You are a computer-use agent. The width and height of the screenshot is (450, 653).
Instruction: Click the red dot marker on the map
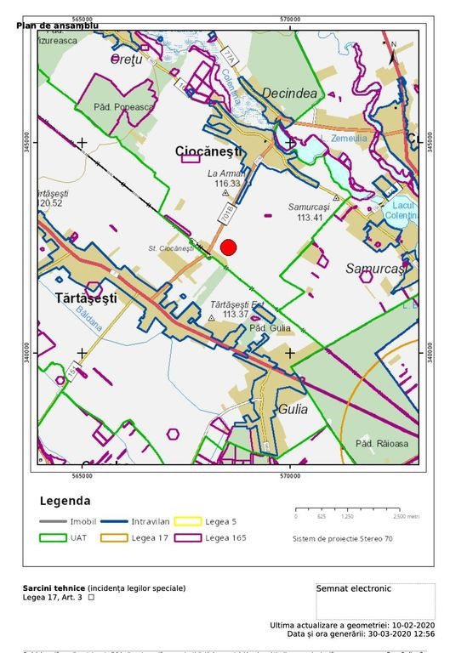click(x=228, y=247)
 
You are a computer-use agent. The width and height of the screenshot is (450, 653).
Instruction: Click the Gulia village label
click(x=292, y=409)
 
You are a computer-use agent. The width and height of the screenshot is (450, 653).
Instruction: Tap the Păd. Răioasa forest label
click(x=382, y=444)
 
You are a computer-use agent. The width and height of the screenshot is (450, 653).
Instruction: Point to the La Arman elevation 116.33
click(x=227, y=183)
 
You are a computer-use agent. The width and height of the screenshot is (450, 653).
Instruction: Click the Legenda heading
click(x=66, y=501)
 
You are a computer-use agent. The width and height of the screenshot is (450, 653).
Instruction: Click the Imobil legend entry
click(x=83, y=520)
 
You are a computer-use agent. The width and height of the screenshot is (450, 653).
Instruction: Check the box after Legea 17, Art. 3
click(x=91, y=598)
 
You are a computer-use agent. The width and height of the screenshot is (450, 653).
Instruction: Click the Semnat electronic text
click(x=353, y=588)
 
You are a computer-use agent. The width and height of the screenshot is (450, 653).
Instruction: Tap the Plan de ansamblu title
click(x=57, y=26)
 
